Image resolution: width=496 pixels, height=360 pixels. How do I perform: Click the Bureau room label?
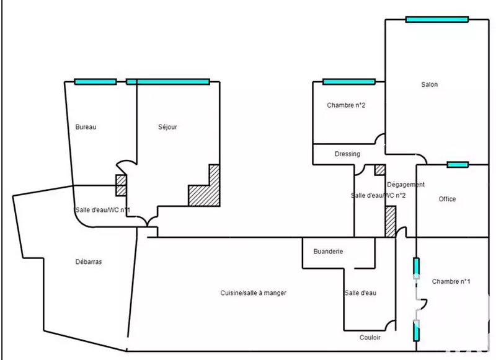pyautogui.click(x=86, y=127)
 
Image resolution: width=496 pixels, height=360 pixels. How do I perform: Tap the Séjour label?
pyautogui.click(x=168, y=127)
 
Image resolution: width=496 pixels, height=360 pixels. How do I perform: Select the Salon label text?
pyautogui.click(x=429, y=85)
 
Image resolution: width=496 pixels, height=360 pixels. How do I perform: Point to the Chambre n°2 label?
pyautogui.click(x=346, y=105)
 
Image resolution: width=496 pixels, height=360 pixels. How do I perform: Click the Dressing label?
pyautogui.click(x=347, y=154)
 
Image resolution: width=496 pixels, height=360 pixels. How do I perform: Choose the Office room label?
pyautogui.click(x=447, y=199)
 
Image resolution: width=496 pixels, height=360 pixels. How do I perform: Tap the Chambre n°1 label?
pyautogui.click(x=451, y=281)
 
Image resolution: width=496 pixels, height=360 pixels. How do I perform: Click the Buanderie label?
pyautogui.click(x=329, y=252)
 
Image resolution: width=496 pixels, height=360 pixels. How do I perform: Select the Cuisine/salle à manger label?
pyautogui.click(x=253, y=293)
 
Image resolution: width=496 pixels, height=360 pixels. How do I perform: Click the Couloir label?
pyautogui.click(x=370, y=338)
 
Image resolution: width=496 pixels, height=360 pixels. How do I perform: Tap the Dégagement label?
pyautogui.click(x=405, y=185)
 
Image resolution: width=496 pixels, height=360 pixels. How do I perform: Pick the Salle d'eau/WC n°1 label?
pyautogui.click(x=102, y=210)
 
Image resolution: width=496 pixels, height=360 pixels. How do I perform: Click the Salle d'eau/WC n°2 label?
pyautogui.click(x=378, y=195)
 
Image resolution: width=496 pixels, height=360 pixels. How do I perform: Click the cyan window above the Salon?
pyautogui.click(x=436, y=19)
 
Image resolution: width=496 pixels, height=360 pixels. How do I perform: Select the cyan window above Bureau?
pyautogui.click(x=95, y=82)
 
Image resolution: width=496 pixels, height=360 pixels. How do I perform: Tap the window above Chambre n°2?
pyautogui.click(x=349, y=82)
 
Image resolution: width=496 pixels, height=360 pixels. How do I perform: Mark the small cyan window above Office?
pyautogui.click(x=458, y=164)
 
